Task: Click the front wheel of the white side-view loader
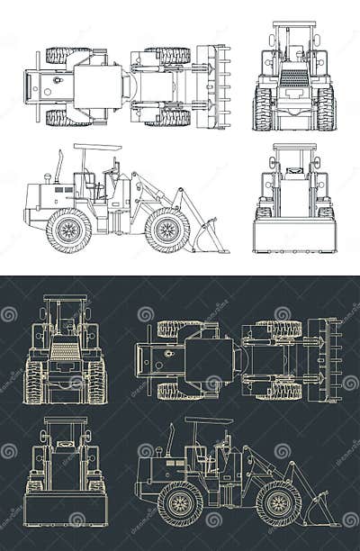click(x=166, y=230)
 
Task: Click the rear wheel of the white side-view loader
click(x=68, y=230)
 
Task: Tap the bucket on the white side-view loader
click(x=210, y=237)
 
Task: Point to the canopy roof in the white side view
click(x=97, y=147)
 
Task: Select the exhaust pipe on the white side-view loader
click(x=59, y=167)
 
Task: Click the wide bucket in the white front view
click(x=294, y=235)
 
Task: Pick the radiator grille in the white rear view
click(x=294, y=78)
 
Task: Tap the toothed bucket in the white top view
click(x=217, y=86)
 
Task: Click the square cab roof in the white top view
click(x=97, y=86)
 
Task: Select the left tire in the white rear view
click(x=263, y=108)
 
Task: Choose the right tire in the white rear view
click(x=326, y=108)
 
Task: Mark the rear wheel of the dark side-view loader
click(x=180, y=503)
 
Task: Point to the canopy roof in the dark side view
click(x=209, y=420)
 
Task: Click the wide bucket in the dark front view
click(x=65, y=509)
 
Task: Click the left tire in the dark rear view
click(x=34, y=381)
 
